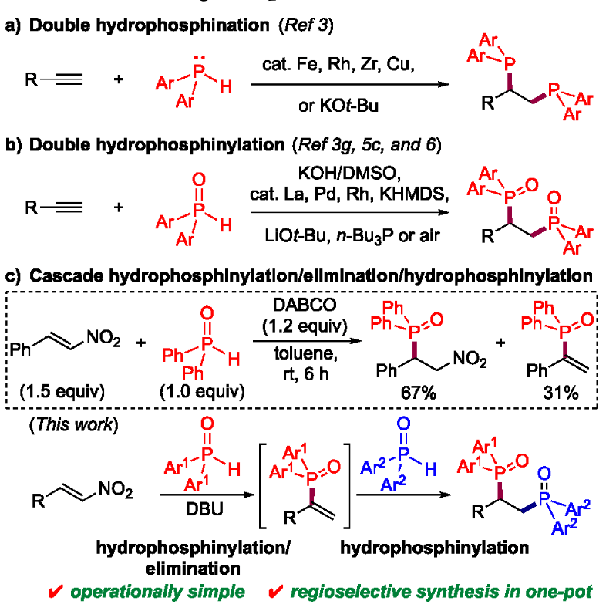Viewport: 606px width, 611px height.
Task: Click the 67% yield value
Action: (x=419, y=393)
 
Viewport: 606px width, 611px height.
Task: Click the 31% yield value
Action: (x=561, y=393)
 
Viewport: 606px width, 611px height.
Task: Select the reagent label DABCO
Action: (x=305, y=305)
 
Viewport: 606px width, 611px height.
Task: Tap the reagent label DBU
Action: (x=204, y=509)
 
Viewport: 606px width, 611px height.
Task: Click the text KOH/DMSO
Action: (x=349, y=173)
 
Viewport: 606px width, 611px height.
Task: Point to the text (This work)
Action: (x=73, y=424)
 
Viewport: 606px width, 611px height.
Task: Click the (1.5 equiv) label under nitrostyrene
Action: (x=62, y=391)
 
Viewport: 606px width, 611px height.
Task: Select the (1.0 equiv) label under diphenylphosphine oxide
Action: (x=202, y=391)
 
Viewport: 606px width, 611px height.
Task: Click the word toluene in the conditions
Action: (x=306, y=354)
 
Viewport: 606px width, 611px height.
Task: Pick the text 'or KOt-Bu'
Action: (x=338, y=106)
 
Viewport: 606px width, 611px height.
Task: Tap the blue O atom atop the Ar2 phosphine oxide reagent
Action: (x=403, y=424)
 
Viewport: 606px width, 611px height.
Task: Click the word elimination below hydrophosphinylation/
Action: (x=193, y=569)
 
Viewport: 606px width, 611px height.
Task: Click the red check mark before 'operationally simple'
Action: (x=56, y=592)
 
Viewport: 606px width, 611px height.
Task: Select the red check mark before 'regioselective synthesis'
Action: (x=276, y=592)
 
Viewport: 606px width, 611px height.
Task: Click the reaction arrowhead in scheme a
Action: (x=444, y=84)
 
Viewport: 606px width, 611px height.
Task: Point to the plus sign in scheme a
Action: (x=119, y=79)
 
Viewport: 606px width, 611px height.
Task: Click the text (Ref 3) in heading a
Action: (x=306, y=25)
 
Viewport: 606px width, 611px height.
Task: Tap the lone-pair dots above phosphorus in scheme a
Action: (x=199, y=58)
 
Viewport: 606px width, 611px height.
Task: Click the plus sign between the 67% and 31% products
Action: (x=500, y=343)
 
